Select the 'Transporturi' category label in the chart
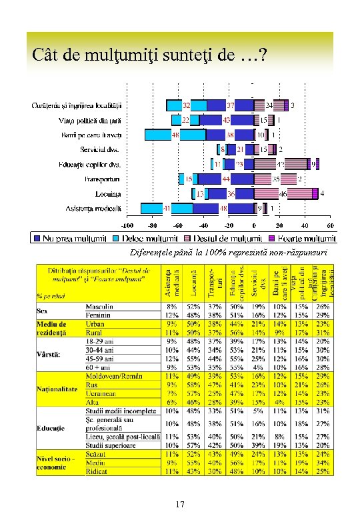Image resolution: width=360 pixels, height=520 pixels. click(102, 179)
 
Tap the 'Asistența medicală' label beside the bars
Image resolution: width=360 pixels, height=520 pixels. click(94, 209)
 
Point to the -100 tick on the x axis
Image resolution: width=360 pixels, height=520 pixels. click(128, 226)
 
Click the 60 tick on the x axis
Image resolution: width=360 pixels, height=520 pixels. click(330, 226)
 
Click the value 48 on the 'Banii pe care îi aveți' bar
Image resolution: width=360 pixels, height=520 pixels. click(175, 135)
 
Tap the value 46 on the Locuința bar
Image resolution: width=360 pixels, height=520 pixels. click(283, 193)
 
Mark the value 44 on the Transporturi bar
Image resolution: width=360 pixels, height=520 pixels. click(226, 179)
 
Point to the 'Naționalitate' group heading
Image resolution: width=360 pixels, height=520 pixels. click(57, 389)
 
